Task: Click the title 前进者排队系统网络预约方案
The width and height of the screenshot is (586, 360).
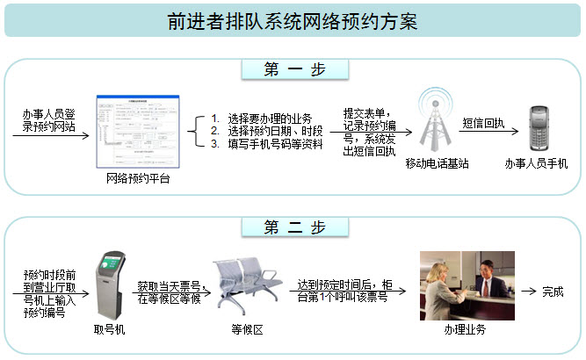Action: tap(293, 20)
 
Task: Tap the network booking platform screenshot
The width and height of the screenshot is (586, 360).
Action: tap(138, 129)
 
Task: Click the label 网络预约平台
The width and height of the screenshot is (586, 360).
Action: tap(138, 179)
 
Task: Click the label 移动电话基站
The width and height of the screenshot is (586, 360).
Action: tap(437, 163)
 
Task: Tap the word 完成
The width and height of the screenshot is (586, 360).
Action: tap(553, 292)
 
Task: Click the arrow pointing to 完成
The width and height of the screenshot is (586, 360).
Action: tap(528, 292)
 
